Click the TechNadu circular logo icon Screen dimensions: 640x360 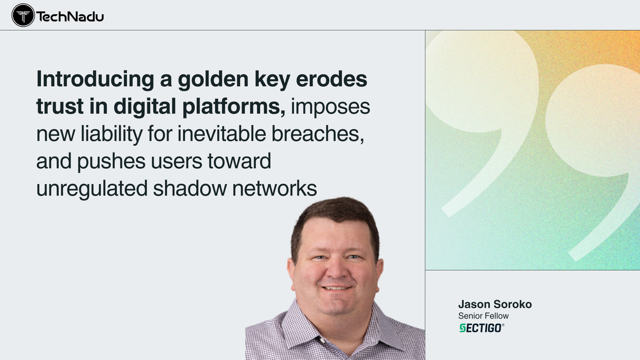(x=23, y=15)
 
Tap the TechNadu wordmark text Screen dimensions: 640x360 (x=70, y=16)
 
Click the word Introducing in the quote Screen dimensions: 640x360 (x=95, y=80)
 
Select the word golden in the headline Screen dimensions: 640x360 (x=213, y=80)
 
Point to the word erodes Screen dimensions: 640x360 (x=332, y=79)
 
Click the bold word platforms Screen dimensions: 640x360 (x=234, y=107)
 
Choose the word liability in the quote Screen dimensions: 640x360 (x=112, y=134)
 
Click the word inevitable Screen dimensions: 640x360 (x=222, y=134)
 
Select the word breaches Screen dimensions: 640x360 (x=318, y=134)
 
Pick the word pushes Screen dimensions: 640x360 (x=111, y=162)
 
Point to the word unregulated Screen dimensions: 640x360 (x=92, y=189)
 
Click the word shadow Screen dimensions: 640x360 (x=190, y=188)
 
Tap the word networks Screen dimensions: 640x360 (x=275, y=188)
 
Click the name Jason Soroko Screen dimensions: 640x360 (x=495, y=304)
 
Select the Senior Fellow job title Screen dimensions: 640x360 (x=483, y=316)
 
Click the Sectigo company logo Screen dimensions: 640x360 (x=482, y=328)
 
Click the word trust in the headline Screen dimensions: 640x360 (x=60, y=107)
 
